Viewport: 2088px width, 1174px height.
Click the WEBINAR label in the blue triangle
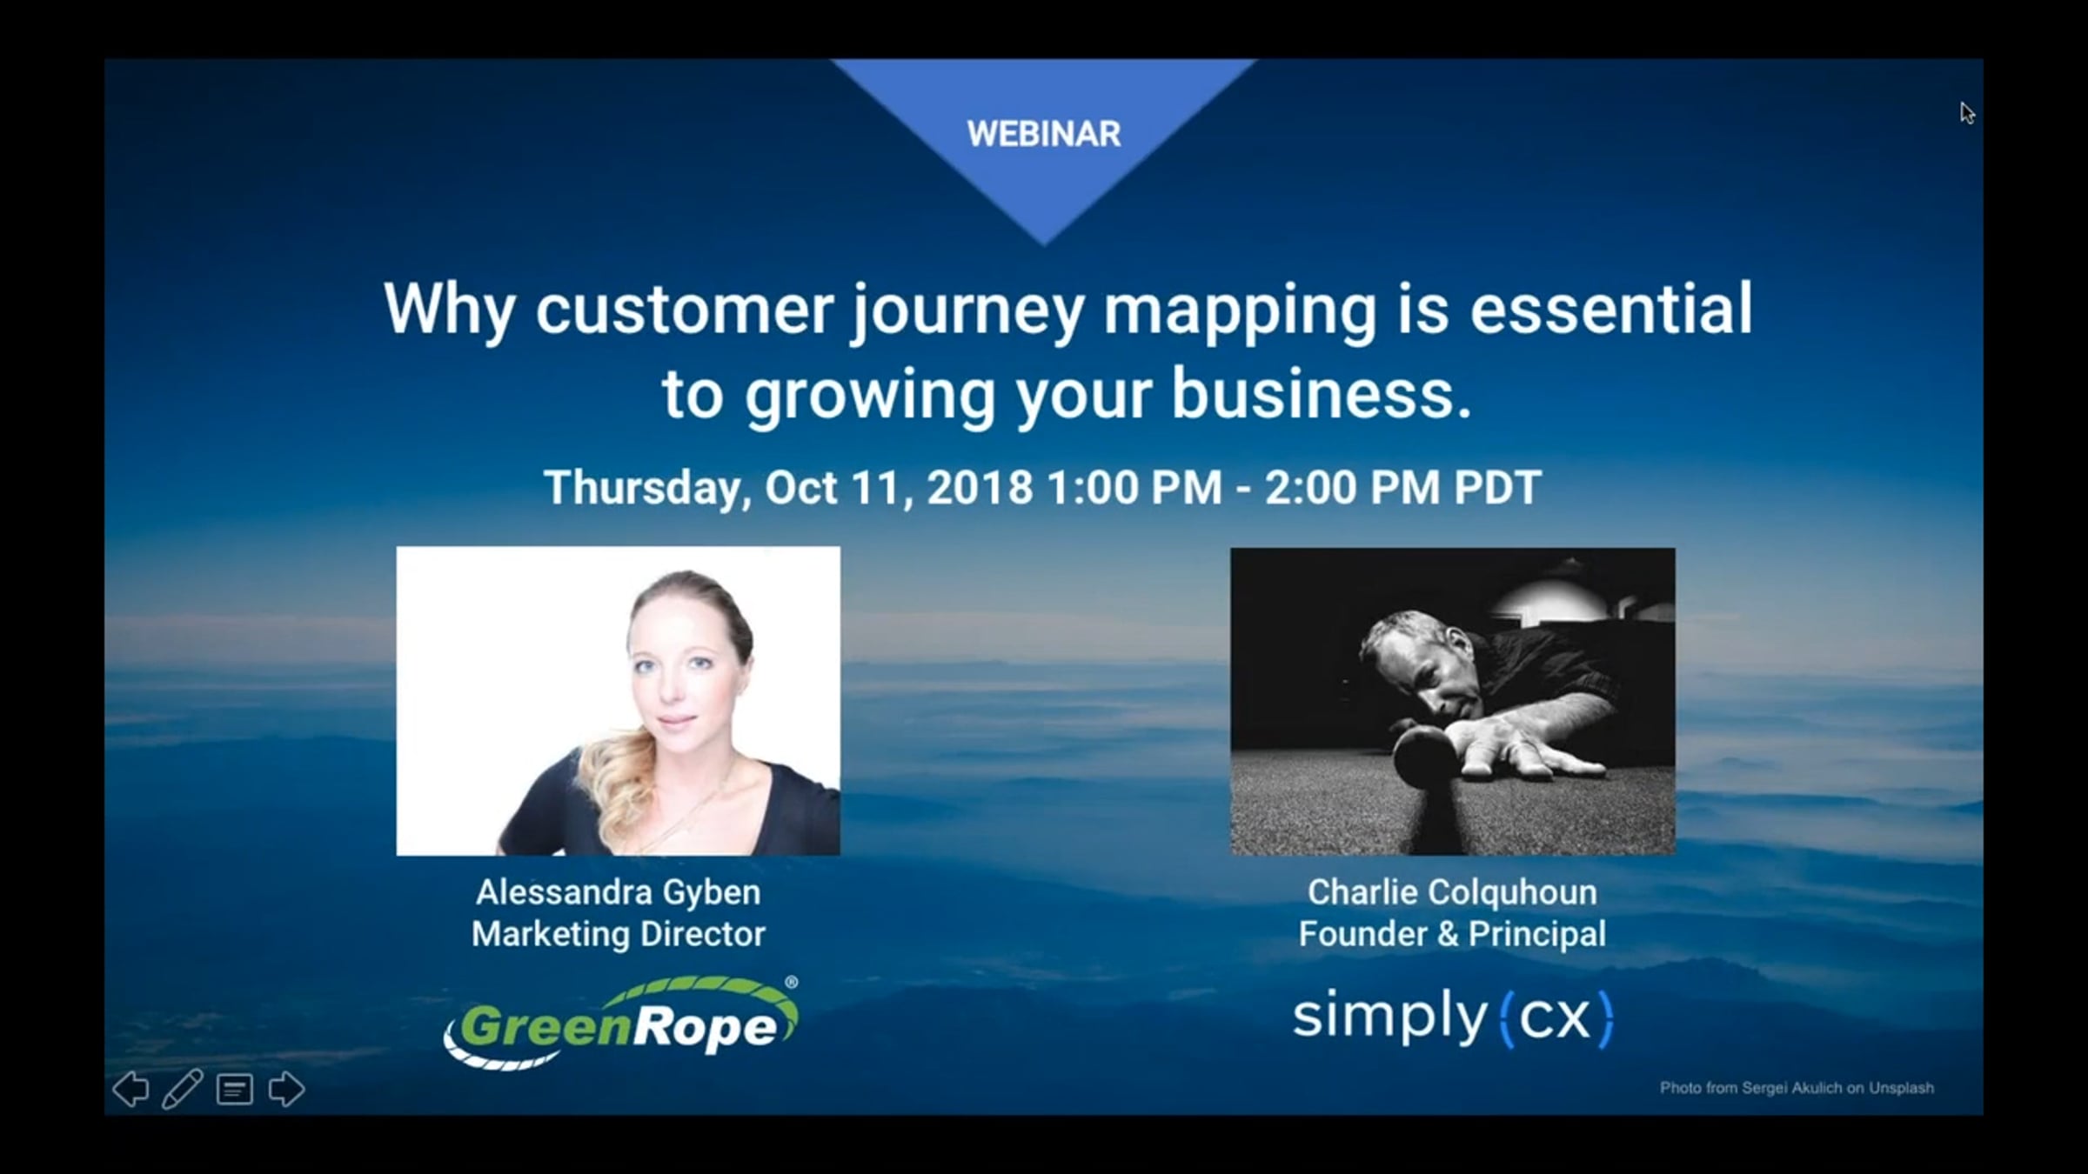tap(1044, 134)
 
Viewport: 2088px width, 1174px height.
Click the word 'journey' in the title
tap(967, 312)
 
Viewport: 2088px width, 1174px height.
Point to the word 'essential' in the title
tap(1611, 309)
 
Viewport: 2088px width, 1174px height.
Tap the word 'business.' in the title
tap(1321, 394)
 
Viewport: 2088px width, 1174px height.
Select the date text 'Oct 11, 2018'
tap(899, 487)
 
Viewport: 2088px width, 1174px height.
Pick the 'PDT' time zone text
tap(1497, 487)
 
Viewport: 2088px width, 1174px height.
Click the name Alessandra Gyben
tap(619, 893)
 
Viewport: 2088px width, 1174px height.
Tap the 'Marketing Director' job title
tap(619, 934)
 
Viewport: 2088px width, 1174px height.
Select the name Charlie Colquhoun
tap(1452, 893)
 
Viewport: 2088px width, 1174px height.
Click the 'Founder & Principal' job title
tap(1452, 934)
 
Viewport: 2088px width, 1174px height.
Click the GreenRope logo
tap(620, 1023)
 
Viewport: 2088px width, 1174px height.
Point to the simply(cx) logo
tap(1453, 1017)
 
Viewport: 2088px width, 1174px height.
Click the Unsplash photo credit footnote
tap(1797, 1088)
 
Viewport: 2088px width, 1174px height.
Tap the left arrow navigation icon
tap(131, 1089)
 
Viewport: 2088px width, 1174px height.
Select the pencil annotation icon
tap(183, 1089)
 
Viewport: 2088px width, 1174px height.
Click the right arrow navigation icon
tap(286, 1089)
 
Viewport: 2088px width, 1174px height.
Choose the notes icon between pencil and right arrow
tap(235, 1090)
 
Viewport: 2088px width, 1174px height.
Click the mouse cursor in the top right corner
tap(1967, 113)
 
